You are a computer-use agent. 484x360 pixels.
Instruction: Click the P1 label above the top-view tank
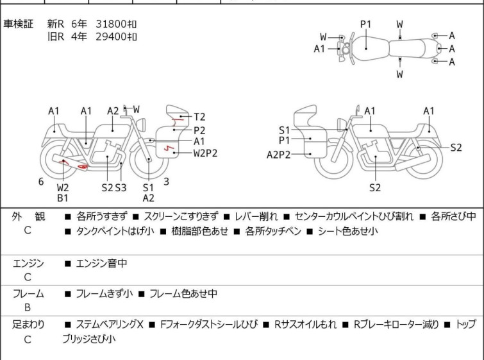(x=365, y=24)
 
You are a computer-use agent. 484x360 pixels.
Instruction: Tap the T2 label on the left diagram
(x=199, y=117)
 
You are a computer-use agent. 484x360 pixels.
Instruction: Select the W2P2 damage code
(x=206, y=153)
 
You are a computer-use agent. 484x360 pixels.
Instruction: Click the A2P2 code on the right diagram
(x=279, y=154)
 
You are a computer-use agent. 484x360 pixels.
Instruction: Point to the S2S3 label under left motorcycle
(x=114, y=187)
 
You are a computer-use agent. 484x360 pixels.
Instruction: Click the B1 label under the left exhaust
(x=63, y=198)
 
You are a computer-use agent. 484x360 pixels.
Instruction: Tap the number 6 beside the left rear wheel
(x=41, y=182)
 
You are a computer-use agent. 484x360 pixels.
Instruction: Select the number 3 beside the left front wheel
(x=166, y=182)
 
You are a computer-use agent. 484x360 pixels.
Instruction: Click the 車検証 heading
(x=19, y=24)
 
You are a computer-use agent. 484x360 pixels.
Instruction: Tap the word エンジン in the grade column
(x=28, y=263)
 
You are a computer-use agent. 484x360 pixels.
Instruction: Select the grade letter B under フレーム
(x=28, y=307)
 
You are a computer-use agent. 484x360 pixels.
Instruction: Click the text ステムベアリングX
(x=109, y=325)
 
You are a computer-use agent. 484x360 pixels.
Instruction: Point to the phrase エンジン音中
(x=101, y=263)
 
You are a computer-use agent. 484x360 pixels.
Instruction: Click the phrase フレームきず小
(x=104, y=294)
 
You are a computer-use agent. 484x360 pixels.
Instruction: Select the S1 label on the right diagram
(x=284, y=130)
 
